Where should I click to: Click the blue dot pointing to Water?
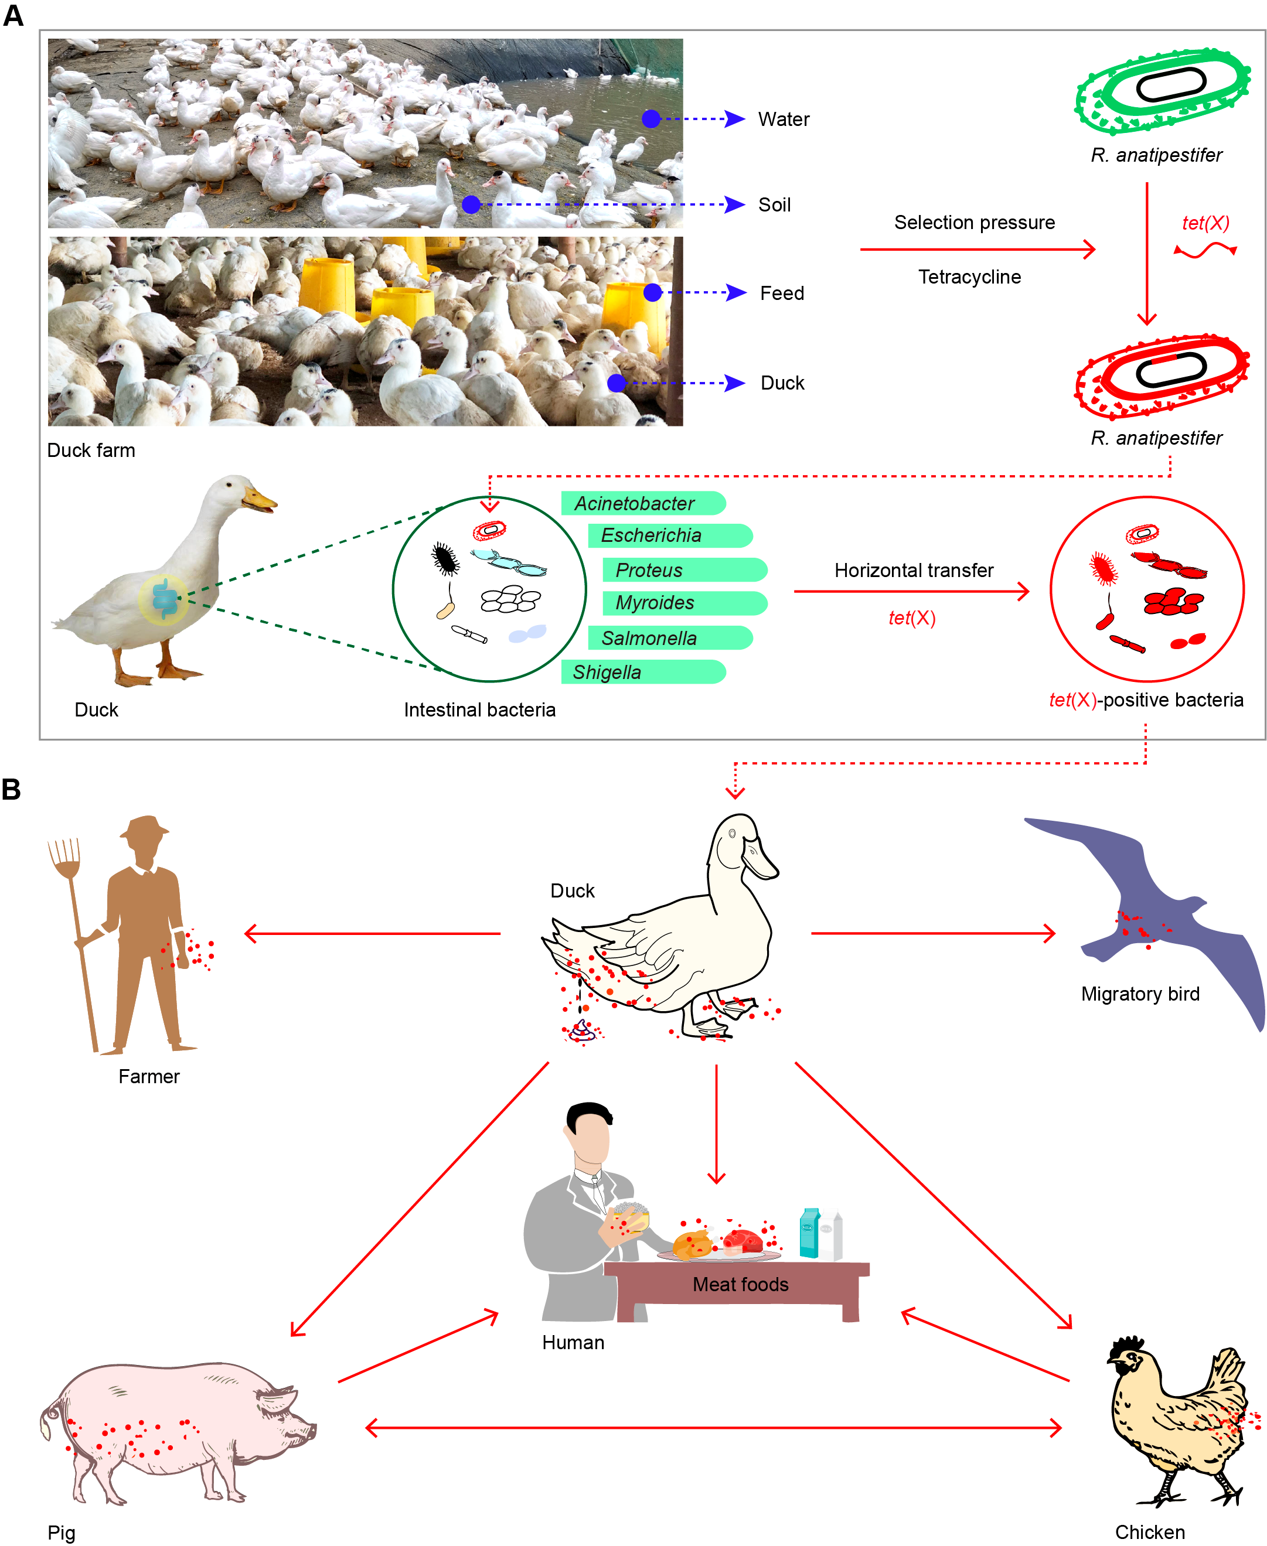click(x=651, y=119)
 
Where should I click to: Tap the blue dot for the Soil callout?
click(x=472, y=205)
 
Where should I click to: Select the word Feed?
click(x=782, y=293)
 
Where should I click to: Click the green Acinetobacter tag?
click(x=642, y=503)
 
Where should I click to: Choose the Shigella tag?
click(x=642, y=672)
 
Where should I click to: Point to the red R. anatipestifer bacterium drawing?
click(x=1162, y=376)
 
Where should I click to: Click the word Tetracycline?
click(x=969, y=277)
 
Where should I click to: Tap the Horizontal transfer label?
click(x=914, y=571)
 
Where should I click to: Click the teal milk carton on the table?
click(x=809, y=1233)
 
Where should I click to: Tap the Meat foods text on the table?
click(x=740, y=1285)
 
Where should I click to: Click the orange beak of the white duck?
click(x=260, y=500)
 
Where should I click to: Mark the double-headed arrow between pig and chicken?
click(x=713, y=1428)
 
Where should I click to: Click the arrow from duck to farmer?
click(x=372, y=934)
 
